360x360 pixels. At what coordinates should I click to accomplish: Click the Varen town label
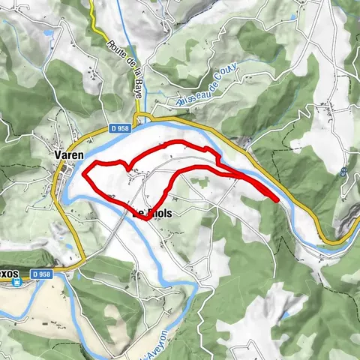68,154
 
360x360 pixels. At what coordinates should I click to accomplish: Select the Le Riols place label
154,213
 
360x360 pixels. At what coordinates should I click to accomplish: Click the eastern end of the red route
277,200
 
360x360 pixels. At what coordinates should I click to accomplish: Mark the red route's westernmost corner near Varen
83,175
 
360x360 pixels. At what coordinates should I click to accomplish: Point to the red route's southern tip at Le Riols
145,219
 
